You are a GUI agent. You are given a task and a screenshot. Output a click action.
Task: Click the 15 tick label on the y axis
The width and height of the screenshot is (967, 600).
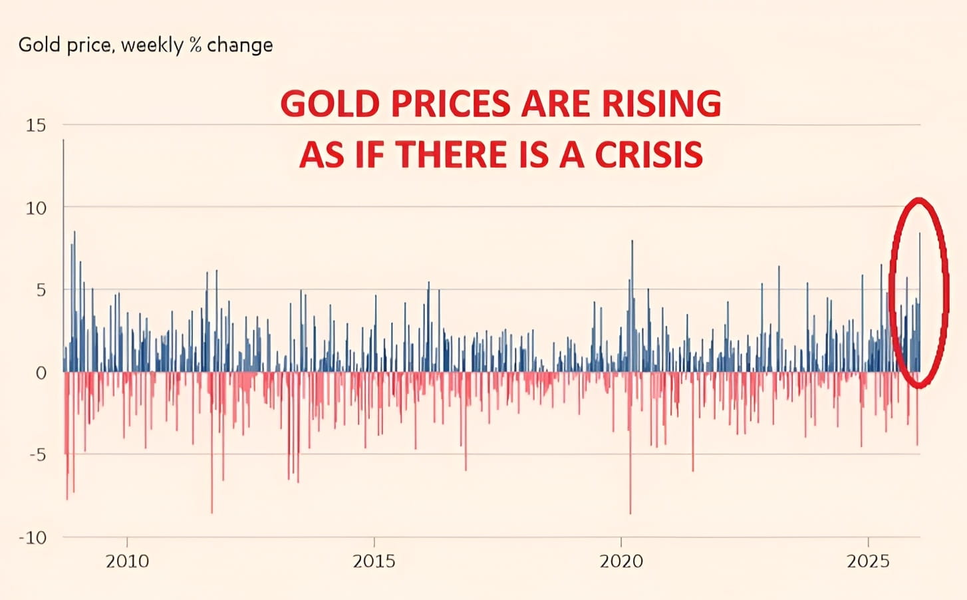[x=36, y=125]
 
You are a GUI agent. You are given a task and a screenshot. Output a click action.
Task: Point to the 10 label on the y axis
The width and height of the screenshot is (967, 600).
[x=36, y=208]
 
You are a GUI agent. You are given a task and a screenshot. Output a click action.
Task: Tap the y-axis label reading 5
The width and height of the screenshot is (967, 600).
[x=41, y=290]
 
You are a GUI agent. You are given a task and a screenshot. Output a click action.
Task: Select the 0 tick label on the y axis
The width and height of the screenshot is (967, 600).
[x=41, y=373]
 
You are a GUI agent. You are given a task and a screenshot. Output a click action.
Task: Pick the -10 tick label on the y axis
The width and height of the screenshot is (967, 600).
[x=32, y=537]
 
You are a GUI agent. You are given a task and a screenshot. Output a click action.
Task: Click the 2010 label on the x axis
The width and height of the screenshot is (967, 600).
[x=127, y=561]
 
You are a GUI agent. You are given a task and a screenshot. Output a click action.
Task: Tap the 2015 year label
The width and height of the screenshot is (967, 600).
[x=374, y=561]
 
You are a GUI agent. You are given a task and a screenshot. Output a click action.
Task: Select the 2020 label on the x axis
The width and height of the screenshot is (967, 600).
[x=621, y=561]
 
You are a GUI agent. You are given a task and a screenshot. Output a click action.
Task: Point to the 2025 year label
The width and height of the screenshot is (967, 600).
[x=868, y=561]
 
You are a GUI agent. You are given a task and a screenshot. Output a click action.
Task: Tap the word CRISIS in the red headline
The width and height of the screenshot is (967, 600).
[x=648, y=155]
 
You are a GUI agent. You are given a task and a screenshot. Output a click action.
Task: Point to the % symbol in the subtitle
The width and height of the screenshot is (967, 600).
[x=195, y=45]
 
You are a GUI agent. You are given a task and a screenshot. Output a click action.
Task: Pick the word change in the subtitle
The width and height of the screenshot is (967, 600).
[x=239, y=45]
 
